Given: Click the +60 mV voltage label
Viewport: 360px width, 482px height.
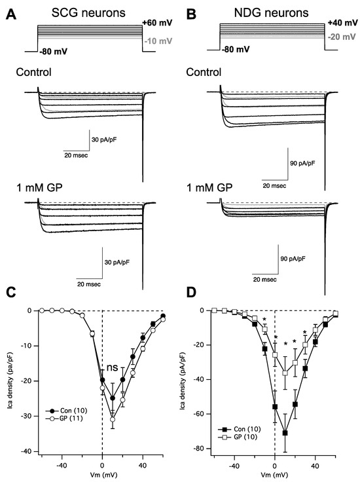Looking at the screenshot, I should tap(156, 24).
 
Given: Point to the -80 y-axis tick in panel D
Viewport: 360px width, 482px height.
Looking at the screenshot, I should tap(204, 449).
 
